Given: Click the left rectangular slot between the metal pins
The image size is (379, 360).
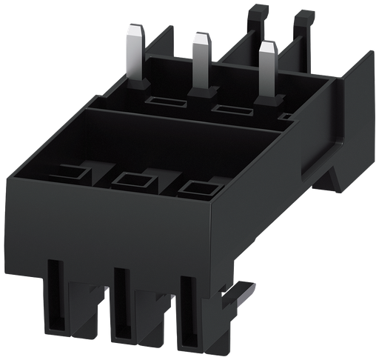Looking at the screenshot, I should click(161, 101).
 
